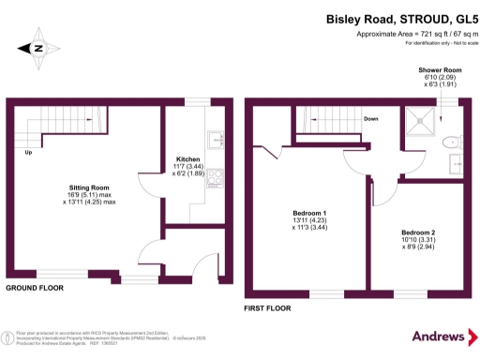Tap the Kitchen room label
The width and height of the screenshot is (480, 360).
(x=188, y=159)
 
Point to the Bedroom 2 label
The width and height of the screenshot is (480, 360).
(x=418, y=232)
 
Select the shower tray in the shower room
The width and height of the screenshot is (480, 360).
(x=417, y=119)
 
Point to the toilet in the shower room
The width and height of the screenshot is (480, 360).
(x=453, y=142)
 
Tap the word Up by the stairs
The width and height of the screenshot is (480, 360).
(x=29, y=152)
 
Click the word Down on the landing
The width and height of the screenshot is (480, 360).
(x=371, y=119)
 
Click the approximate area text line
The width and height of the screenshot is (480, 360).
(x=411, y=34)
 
